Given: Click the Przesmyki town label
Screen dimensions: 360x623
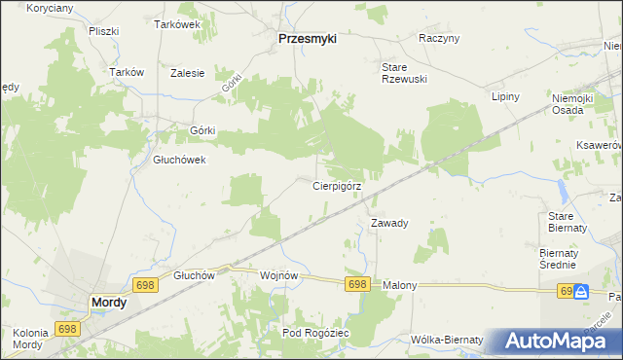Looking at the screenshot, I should coord(307,39).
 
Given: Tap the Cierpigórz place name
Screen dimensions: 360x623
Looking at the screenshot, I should coord(338,185).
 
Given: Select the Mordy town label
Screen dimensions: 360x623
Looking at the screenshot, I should coord(107,303).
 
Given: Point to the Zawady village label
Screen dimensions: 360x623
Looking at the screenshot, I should coord(389,223).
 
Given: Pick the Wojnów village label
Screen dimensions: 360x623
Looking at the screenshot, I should coord(278,275).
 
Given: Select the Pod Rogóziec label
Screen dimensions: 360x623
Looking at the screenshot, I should coord(315,333).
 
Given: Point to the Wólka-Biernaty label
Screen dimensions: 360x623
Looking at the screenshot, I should coord(447,340).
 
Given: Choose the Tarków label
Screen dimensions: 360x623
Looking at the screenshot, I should coord(128,72).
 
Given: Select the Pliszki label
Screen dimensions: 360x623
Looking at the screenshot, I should coord(102,30).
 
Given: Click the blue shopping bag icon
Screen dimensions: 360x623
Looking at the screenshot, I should coord(581,291).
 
